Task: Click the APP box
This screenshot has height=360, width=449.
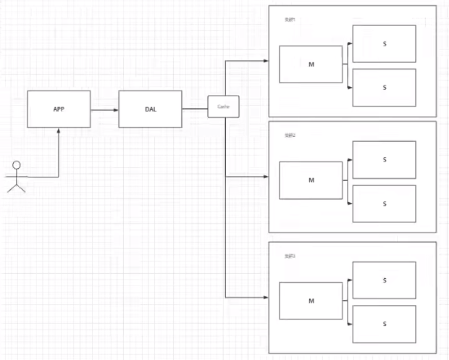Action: coord(59,109)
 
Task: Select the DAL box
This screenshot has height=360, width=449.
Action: coord(150,109)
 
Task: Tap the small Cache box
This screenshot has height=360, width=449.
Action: coord(224,106)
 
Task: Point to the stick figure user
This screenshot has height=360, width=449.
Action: coord(16,177)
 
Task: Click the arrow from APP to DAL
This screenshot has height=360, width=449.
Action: coord(104,109)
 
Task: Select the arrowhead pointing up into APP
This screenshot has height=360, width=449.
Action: coord(59,130)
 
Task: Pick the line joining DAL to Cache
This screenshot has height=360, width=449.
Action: coord(194,109)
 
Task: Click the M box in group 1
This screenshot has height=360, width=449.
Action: coord(311,64)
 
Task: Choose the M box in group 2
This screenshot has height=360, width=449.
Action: coord(311,180)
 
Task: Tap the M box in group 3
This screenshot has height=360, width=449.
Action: coord(311,301)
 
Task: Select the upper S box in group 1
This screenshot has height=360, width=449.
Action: coord(384,43)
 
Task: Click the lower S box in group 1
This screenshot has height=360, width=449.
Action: coord(384,88)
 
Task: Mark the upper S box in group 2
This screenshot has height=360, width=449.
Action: coord(384,159)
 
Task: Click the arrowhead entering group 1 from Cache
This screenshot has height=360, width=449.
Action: coord(265,61)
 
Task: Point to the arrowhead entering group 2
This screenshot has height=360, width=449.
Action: coord(265,176)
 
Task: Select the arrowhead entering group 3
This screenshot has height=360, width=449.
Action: coord(265,296)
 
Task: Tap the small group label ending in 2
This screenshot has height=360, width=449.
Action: coord(290,135)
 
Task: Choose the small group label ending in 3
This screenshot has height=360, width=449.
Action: coord(290,256)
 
